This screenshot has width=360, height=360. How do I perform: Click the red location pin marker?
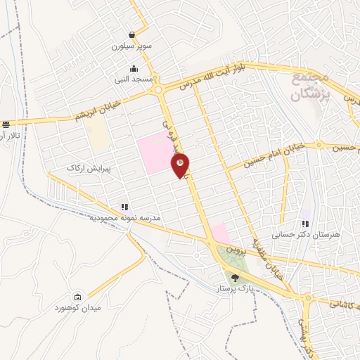[181, 164]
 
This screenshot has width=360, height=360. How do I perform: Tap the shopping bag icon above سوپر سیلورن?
[132, 34]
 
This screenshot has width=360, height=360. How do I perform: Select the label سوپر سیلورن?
[131, 46]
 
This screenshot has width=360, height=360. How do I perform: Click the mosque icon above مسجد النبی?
[134, 69]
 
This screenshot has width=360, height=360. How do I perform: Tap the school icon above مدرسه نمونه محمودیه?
[124, 207]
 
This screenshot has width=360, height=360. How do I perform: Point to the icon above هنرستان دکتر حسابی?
[305, 223]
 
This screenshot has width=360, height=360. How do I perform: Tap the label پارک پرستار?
[236, 288]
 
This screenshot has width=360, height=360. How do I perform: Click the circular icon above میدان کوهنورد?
[77, 297]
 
